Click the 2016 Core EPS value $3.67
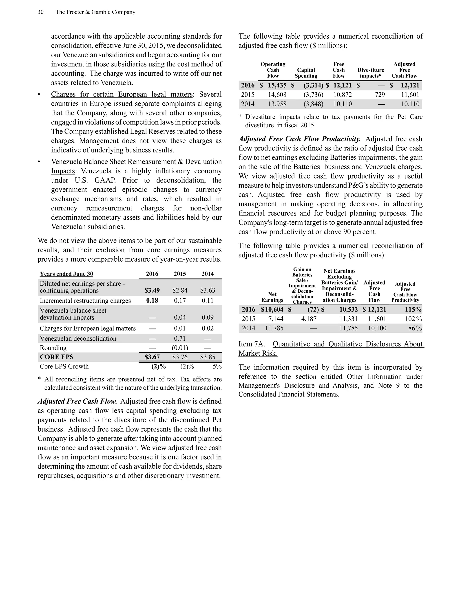152,357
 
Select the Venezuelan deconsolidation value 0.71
180,338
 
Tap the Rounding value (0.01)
180,348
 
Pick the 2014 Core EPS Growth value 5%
217,366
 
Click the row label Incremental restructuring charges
85,300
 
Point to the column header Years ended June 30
66,274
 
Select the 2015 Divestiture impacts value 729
380,95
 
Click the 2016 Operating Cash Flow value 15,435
277,85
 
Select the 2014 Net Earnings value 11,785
274,328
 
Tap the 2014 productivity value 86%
415,328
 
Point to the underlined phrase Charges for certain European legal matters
122,94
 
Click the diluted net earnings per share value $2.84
180,290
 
